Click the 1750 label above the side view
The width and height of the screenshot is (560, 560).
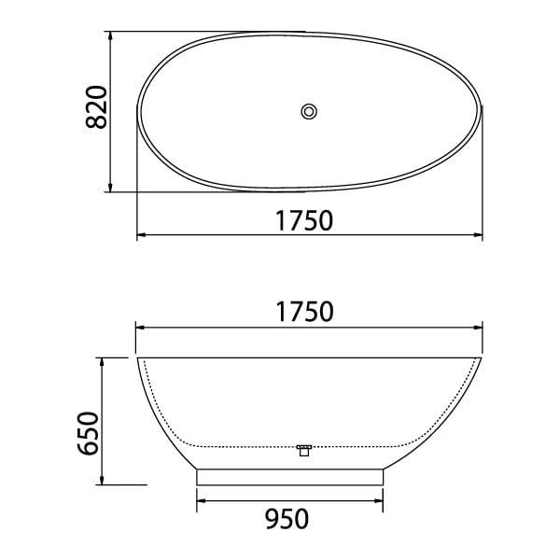tap(304, 312)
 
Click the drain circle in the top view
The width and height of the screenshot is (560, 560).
tap(310, 112)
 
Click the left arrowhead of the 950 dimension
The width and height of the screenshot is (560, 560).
tap(200, 501)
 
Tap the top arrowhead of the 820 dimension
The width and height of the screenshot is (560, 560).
tap(112, 36)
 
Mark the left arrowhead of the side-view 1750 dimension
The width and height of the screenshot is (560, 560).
tap(141, 327)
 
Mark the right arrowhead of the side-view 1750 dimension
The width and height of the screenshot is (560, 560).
tap(480, 327)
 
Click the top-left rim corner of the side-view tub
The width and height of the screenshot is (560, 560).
tap(138, 358)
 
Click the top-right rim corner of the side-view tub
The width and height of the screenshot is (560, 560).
tap(483, 358)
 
